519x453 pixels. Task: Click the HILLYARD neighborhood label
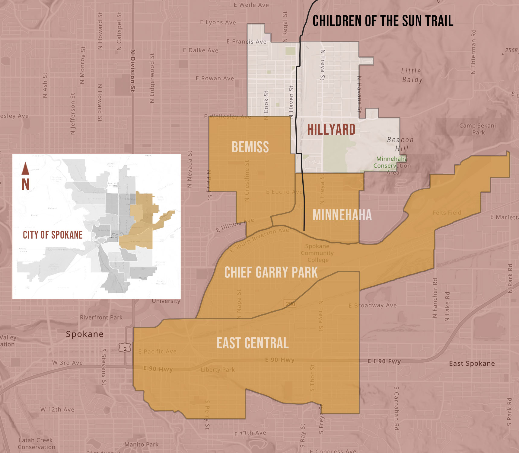331,130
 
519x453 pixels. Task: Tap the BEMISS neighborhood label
250,147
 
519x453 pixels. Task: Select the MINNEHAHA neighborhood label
342,215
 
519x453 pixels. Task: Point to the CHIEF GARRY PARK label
271,272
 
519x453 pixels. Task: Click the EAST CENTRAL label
253,343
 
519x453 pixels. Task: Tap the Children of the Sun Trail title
383,21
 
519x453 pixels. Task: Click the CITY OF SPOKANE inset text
53,235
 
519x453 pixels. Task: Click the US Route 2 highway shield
125,348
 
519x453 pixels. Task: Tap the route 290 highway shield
290,304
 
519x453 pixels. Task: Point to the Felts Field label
447,213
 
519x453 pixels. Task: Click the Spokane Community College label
317,253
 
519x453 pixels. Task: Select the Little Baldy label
412,75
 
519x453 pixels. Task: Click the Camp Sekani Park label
478,129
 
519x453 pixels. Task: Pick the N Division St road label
133,71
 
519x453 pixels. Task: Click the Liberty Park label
218,370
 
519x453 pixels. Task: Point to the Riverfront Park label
101,317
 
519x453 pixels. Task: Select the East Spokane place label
472,363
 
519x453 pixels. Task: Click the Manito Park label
142,444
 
